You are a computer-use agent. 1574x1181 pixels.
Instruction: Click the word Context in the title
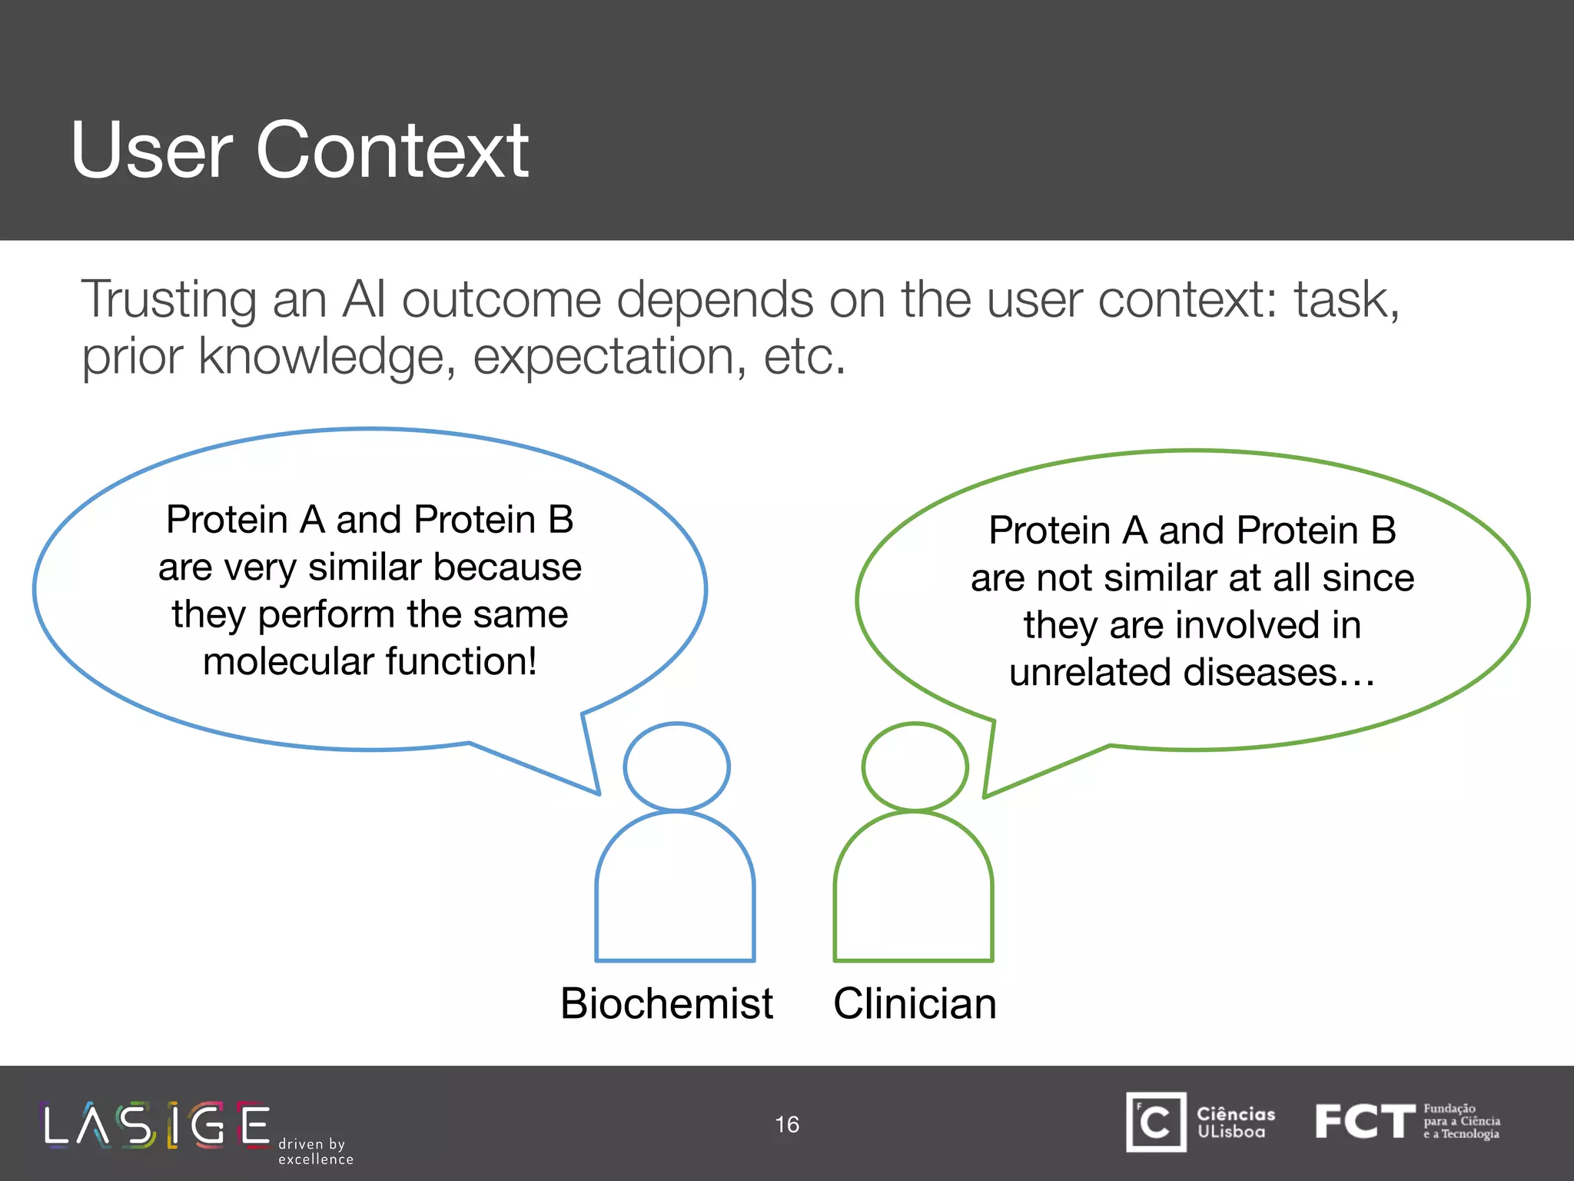click(392, 151)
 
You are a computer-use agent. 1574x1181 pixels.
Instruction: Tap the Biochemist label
click(666, 1003)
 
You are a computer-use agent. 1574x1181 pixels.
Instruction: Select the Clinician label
click(915, 1003)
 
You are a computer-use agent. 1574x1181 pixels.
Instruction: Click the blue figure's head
click(676, 767)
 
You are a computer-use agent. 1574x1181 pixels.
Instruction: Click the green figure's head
click(915, 767)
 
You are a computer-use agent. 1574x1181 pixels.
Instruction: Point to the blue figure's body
click(676, 892)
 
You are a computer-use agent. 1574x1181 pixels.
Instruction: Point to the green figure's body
click(914, 892)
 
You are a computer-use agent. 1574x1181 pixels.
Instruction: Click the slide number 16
click(787, 1124)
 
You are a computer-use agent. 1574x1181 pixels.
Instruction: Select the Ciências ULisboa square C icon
click(1156, 1122)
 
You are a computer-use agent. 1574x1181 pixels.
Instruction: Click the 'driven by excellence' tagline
click(315, 1151)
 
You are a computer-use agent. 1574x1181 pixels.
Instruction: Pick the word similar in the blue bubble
click(365, 567)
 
